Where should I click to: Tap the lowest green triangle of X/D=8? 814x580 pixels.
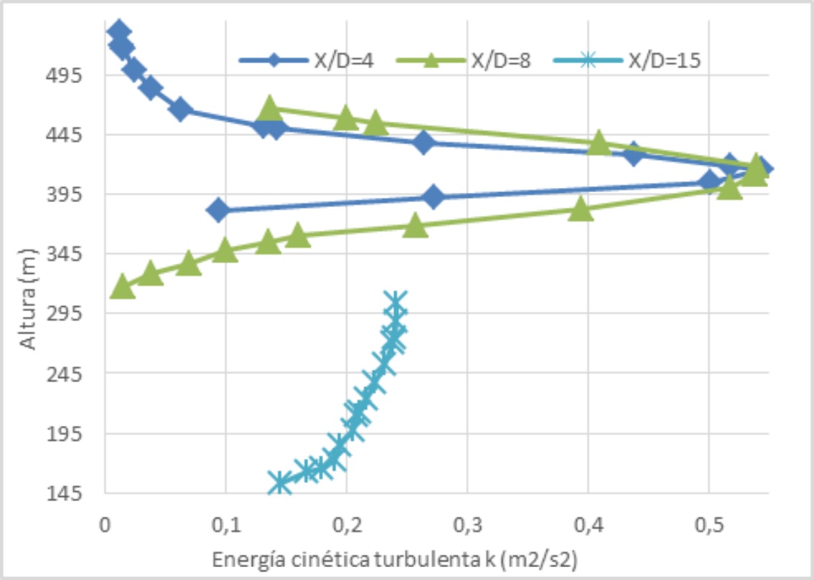[x=122, y=286]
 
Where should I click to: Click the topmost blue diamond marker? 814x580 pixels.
[x=118, y=31]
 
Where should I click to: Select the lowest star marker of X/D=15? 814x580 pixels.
[x=280, y=482]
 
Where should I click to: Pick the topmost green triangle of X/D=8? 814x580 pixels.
[x=270, y=108]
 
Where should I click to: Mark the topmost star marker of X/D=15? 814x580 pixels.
[x=395, y=300]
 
